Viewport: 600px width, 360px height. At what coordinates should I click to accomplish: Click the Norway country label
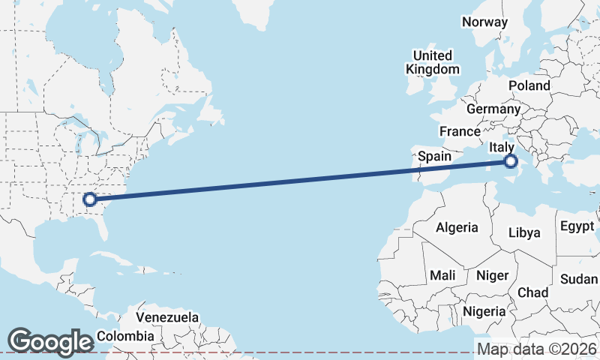click(x=484, y=22)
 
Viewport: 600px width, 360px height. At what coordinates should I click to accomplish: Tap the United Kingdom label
click(x=433, y=62)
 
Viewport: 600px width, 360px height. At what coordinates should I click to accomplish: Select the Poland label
click(x=529, y=85)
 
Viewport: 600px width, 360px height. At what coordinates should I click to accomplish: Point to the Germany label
click(x=493, y=109)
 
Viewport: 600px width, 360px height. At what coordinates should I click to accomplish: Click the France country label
click(x=460, y=131)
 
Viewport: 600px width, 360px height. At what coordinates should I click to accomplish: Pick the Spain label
click(x=434, y=156)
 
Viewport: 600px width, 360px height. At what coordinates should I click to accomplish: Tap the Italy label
click(x=501, y=147)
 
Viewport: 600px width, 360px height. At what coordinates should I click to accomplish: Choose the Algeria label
click(x=457, y=227)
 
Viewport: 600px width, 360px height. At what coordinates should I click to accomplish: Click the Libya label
click(x=524, y=232)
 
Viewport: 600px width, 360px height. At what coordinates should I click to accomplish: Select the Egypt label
click(x=577, y=226)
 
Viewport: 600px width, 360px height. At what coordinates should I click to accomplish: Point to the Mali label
click(x=442, y=275)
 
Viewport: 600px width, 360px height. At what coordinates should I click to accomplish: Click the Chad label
click(x=532, y=292)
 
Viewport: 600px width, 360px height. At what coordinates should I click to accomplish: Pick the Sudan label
click(x=579, y=279)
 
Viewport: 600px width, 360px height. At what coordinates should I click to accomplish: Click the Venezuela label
click(x=167, y=317)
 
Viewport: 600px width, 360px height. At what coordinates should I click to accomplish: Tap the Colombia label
click(x=125, y=336)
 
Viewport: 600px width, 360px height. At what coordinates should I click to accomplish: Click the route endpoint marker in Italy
click(x=511, y=161)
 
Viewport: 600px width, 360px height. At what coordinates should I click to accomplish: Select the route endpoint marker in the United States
click(x=89, y=199)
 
